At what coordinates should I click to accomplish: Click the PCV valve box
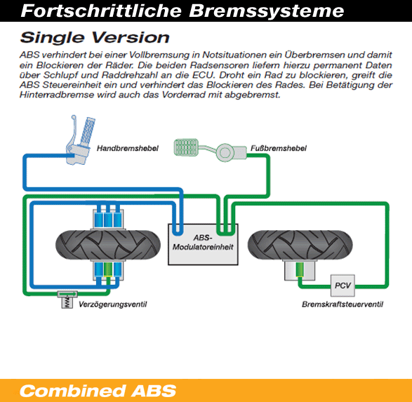(x=343, y=286)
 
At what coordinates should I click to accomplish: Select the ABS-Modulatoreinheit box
(x=203, y=244)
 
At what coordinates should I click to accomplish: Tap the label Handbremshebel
(x=128, y=148)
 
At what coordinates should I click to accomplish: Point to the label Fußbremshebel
(x=279, y=148)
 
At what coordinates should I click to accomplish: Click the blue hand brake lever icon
(x=80, y=140)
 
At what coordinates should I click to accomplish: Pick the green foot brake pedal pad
(x=186, y=147)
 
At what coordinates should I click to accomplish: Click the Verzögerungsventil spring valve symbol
(x=67, y=300)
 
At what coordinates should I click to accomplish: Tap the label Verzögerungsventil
(x=113, y=304)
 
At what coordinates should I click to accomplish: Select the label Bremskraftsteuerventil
(x=343, y=304)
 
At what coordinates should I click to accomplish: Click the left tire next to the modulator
(x=108, y=245)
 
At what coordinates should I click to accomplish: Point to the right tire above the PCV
(x=300, y=245)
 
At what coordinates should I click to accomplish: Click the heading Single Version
(x=95, y=37)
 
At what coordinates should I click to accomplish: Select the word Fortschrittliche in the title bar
(x=101, y=11)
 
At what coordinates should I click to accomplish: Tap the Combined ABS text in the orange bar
(x=98, y=391)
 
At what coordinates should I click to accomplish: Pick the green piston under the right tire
(x=299, y=270)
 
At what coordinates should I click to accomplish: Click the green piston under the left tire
(x=107, y=269)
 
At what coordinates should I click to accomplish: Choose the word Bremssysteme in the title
(x=267, y=11)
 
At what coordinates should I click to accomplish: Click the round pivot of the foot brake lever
(x=225, y=152)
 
